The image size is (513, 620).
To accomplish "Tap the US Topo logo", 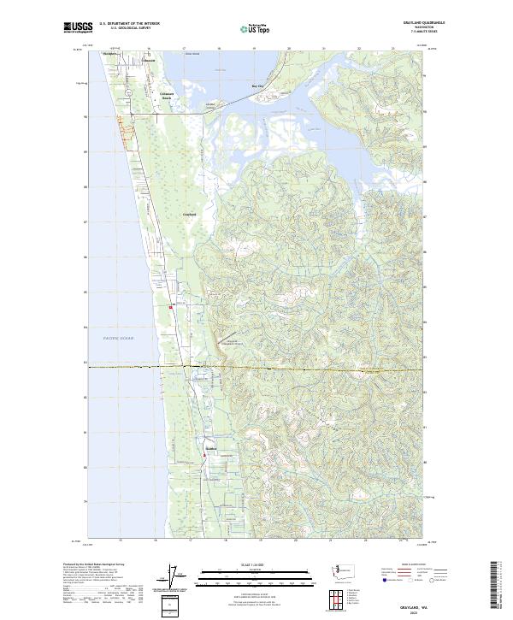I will point(251,28).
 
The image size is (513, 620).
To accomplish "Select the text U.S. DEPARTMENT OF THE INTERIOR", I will point(129,23).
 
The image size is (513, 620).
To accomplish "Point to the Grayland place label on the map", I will point(190,214).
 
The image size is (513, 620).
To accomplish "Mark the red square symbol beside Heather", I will point(171,308).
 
